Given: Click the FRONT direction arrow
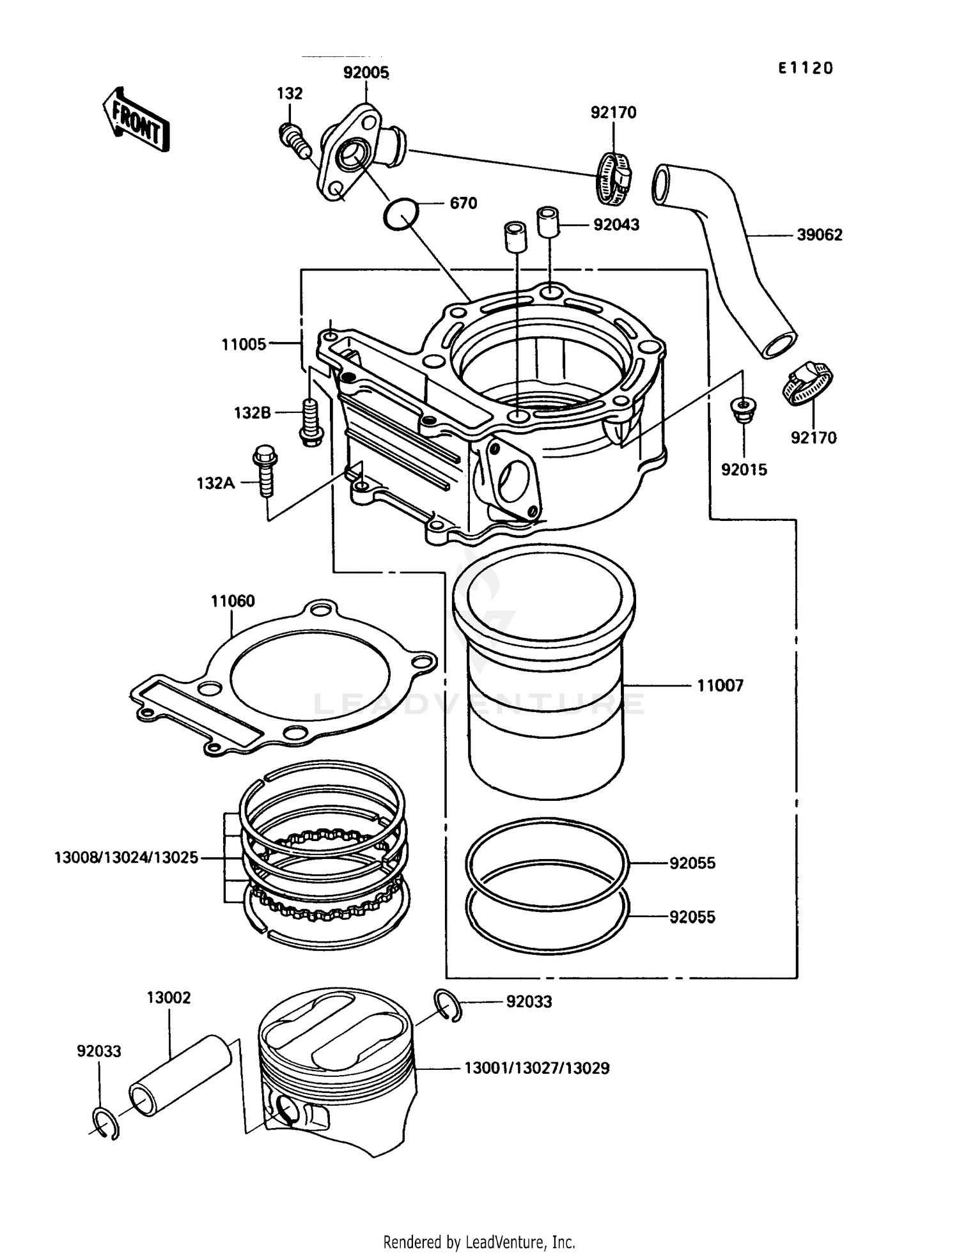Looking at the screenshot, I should click(136, 120).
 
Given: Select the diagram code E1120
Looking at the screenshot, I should click(805, 68).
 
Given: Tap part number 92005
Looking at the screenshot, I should click(366, 73).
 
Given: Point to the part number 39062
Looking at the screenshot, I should click(819, 235).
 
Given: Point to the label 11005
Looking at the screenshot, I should click(244, 344).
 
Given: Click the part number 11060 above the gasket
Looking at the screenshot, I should click(233, 601).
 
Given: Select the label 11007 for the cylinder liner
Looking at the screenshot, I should click(720, 686).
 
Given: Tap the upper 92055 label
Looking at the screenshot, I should click(692, 863).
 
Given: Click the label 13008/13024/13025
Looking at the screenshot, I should click(126, 858).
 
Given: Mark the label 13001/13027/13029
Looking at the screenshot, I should click(536, 1068).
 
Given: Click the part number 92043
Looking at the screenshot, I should click(616, 225).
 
